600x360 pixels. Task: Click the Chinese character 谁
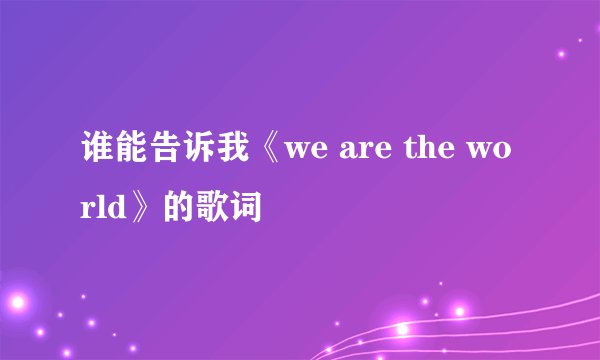pos(97,157)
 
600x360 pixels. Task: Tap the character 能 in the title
pos(133,157)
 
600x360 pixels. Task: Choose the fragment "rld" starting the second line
pos(103,210)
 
